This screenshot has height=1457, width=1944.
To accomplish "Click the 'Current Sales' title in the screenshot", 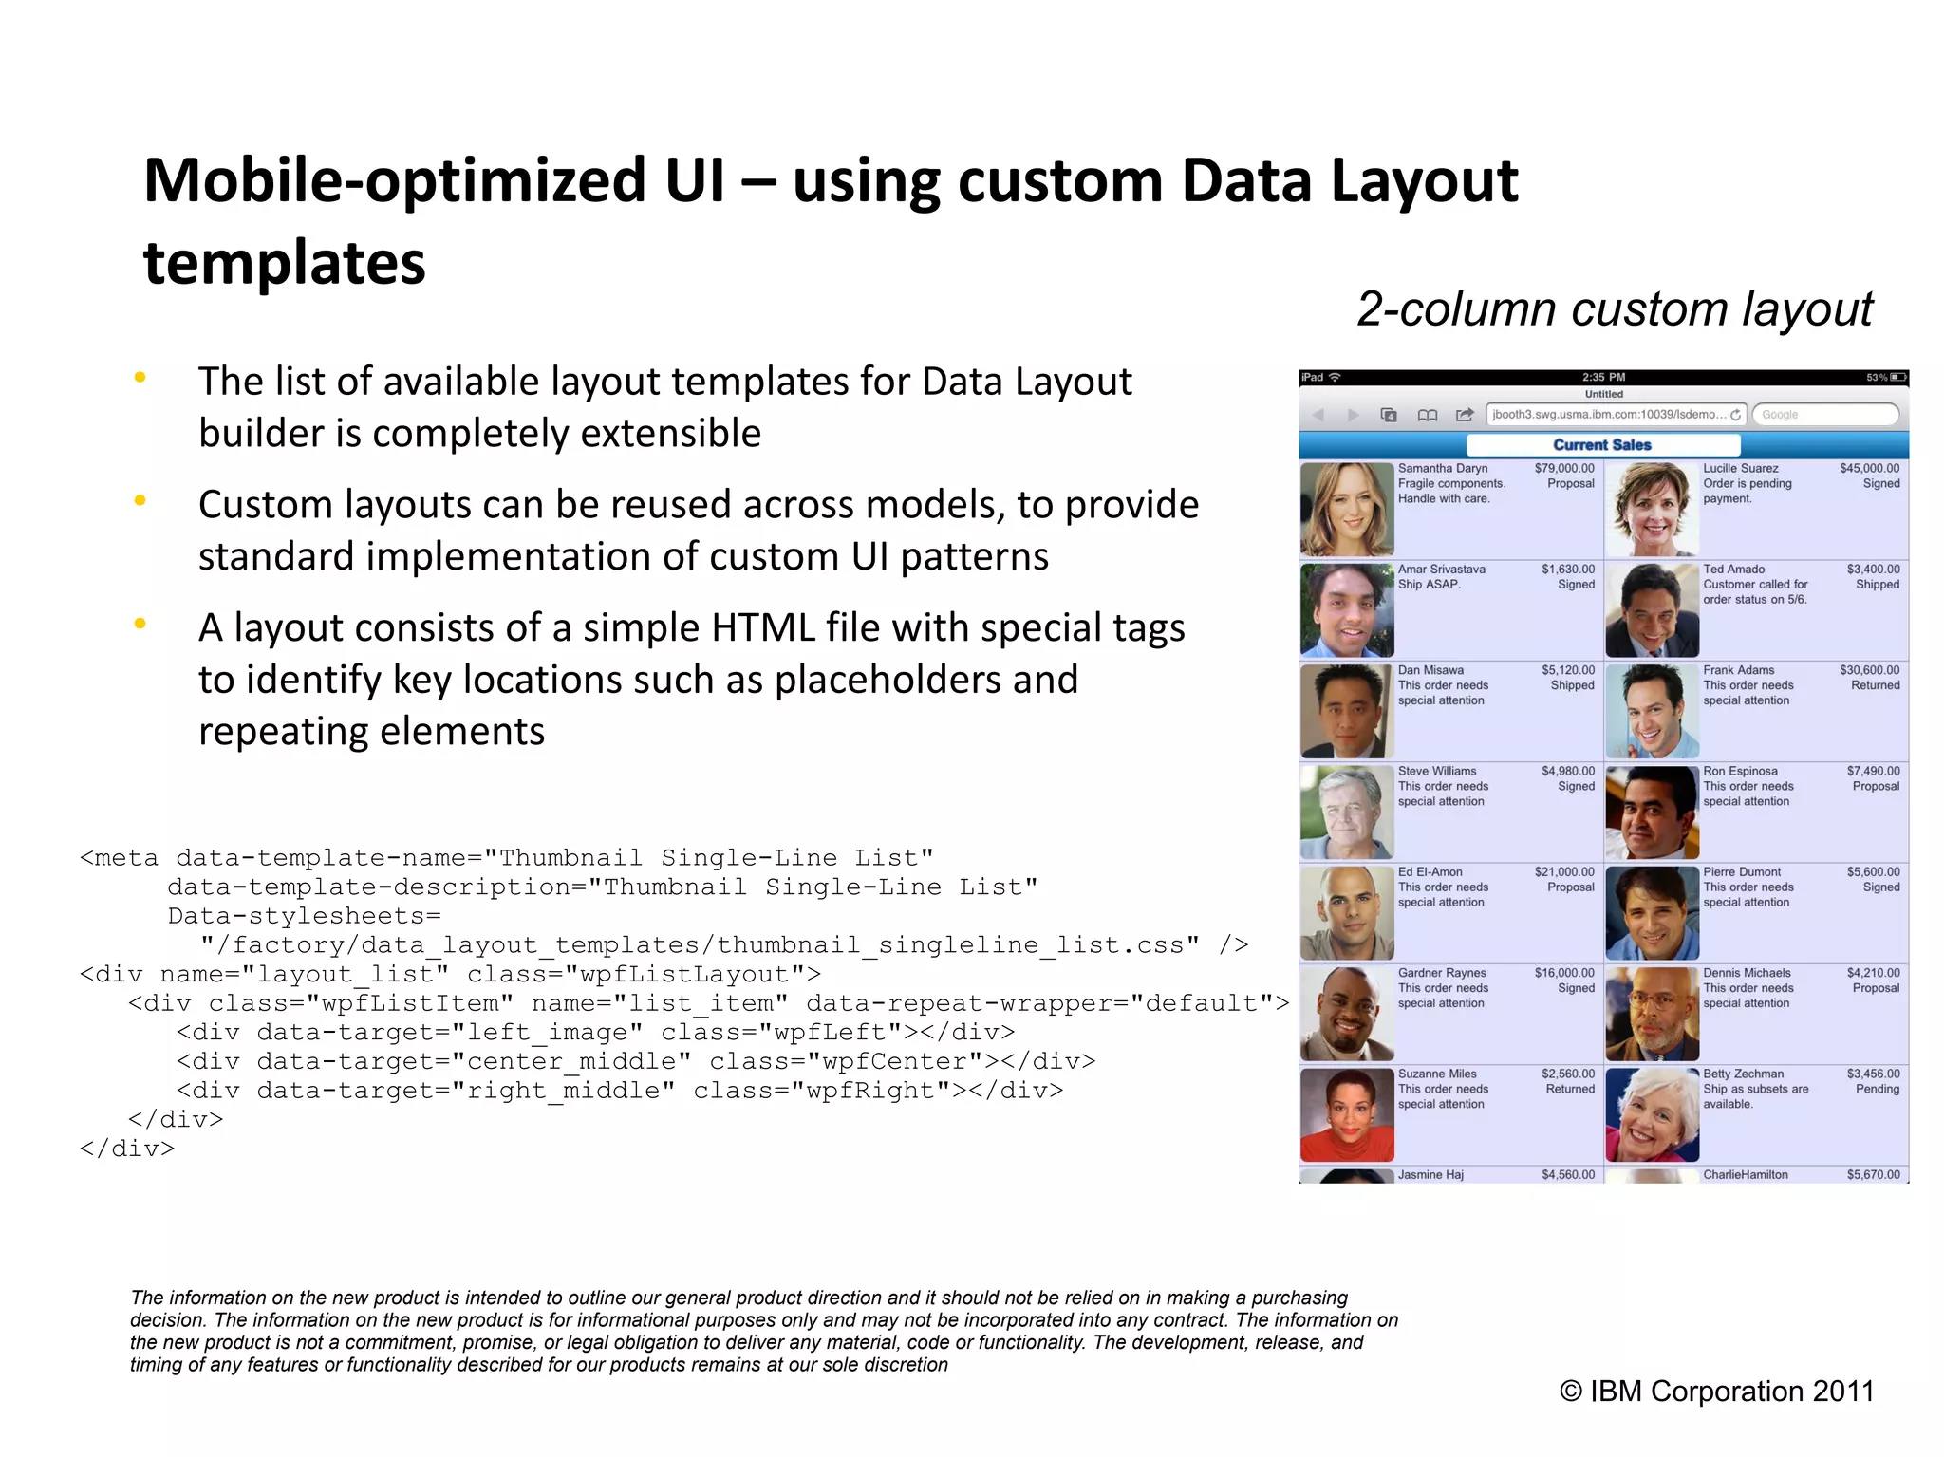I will tap(1602, 444).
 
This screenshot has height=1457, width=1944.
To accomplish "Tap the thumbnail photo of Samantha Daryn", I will tap(1347, 510).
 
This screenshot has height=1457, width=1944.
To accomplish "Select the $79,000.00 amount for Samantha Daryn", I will tap(1564, 468).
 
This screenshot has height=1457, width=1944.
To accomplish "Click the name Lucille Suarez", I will tap(1740, 468).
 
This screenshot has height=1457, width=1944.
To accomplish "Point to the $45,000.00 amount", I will tap(1869, 468).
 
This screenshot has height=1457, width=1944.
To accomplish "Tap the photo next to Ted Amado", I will tap(1652, 610).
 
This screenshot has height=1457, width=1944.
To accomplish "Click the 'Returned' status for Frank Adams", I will tap(1875, 685).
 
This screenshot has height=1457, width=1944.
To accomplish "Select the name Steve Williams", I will tap(1436, 771).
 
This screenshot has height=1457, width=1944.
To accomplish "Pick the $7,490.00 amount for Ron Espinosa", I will tap(1873, 771).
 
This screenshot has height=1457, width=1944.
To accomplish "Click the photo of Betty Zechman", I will tap(1652, 1115).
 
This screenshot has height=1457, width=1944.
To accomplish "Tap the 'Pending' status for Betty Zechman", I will tap(1877, 1089).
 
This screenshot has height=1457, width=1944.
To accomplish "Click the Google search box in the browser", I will tap(1824, 415).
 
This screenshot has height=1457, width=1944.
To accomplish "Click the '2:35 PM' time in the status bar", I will tap(1603, 378).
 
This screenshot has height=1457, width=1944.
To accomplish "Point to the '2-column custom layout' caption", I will tap(1615, 309).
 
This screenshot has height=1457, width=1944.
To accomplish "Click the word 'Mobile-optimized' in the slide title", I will tap(395, 180).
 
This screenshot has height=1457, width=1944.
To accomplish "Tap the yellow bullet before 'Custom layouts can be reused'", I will tap(140, 500).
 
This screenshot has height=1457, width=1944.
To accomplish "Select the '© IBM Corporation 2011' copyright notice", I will tap(1716, 1392).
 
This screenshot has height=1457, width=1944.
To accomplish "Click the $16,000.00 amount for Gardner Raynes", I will tap(1564, 973).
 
